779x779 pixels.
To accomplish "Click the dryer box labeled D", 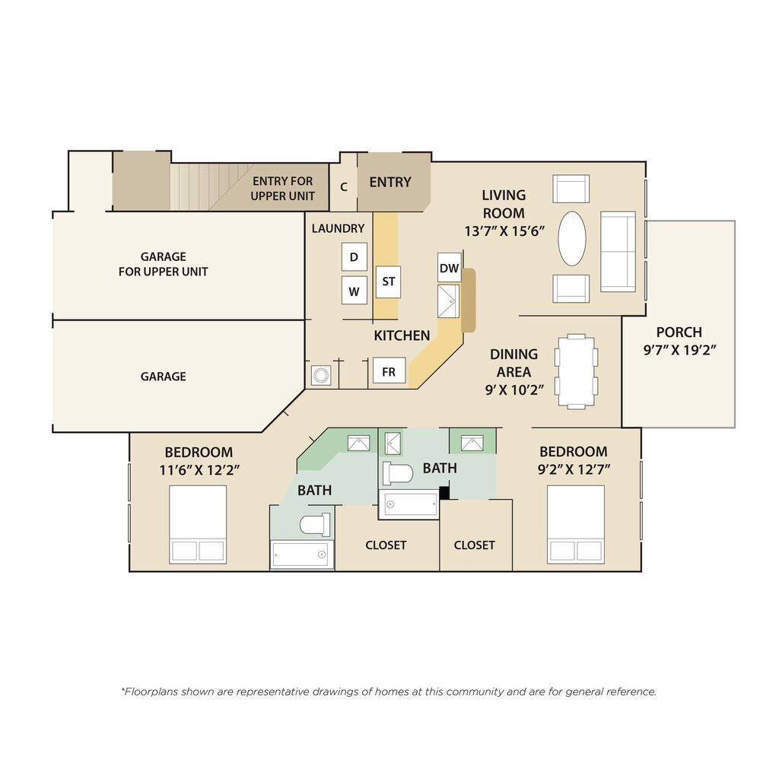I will pos(354,257).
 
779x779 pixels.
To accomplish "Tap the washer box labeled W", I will pos(354,291).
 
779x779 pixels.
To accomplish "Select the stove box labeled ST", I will pos(389,281).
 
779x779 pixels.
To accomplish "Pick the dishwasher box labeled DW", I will pos(449,268).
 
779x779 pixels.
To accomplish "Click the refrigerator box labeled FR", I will pos(389,372).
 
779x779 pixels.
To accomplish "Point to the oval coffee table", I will pos(572,238).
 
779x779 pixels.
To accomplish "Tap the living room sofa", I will pos(618,251).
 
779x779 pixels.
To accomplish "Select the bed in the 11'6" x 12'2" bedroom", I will pos(198,524).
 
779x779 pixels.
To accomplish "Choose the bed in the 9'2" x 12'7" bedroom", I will pos(576,524).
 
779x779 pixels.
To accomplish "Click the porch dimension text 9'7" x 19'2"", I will pos(679,350).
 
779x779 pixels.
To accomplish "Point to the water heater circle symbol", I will pos(321,375).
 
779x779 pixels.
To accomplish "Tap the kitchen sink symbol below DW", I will pos(449,300).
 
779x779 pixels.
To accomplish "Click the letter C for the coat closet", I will pos(344,186).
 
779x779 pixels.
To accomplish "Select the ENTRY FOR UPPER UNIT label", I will pos(282,189).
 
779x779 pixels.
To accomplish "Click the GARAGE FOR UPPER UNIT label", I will pos(163,264).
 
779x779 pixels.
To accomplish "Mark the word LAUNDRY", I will pos(338,228).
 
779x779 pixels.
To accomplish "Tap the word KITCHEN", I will pos(402,335).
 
